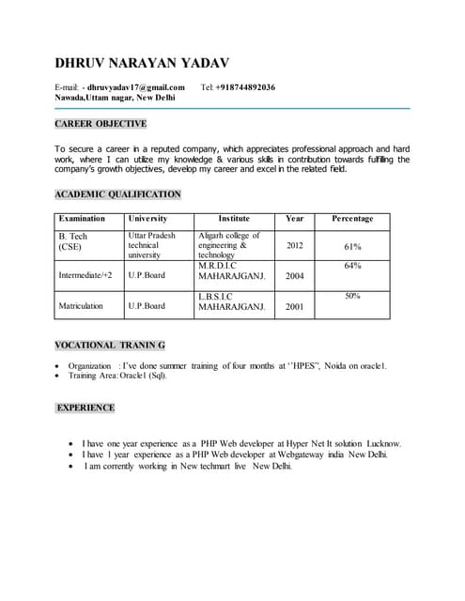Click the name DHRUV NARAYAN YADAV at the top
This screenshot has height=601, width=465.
pyautogui.click(x=142, y=63)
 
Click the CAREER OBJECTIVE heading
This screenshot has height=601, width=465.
pyautogui.click(x=101, y=124)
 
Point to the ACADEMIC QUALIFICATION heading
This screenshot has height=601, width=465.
pyautogui.click(x=117, y=194)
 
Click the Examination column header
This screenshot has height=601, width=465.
pyautogui.click(x=82, y=218)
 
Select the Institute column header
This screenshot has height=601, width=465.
pyautogui.click(x=234, y=218)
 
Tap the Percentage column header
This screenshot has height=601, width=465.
pyautogui.click(x=352, y=218)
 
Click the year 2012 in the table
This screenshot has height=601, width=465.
pyautogui.click(x=294, y=245)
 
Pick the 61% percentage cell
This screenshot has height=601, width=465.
pyautogui.click(x=352, y=246)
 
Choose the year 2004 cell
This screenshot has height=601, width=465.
pyautogui.click(x=294, y=276)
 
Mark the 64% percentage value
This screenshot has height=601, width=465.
pyautogui.click(x=352, y=266)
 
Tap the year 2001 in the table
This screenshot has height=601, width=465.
pyautogui.click(x=294, y=306)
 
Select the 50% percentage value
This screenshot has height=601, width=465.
pyautogui.click(x=352, y=296)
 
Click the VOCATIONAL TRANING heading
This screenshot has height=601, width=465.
pyautogui.click(x=110, y=346)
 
